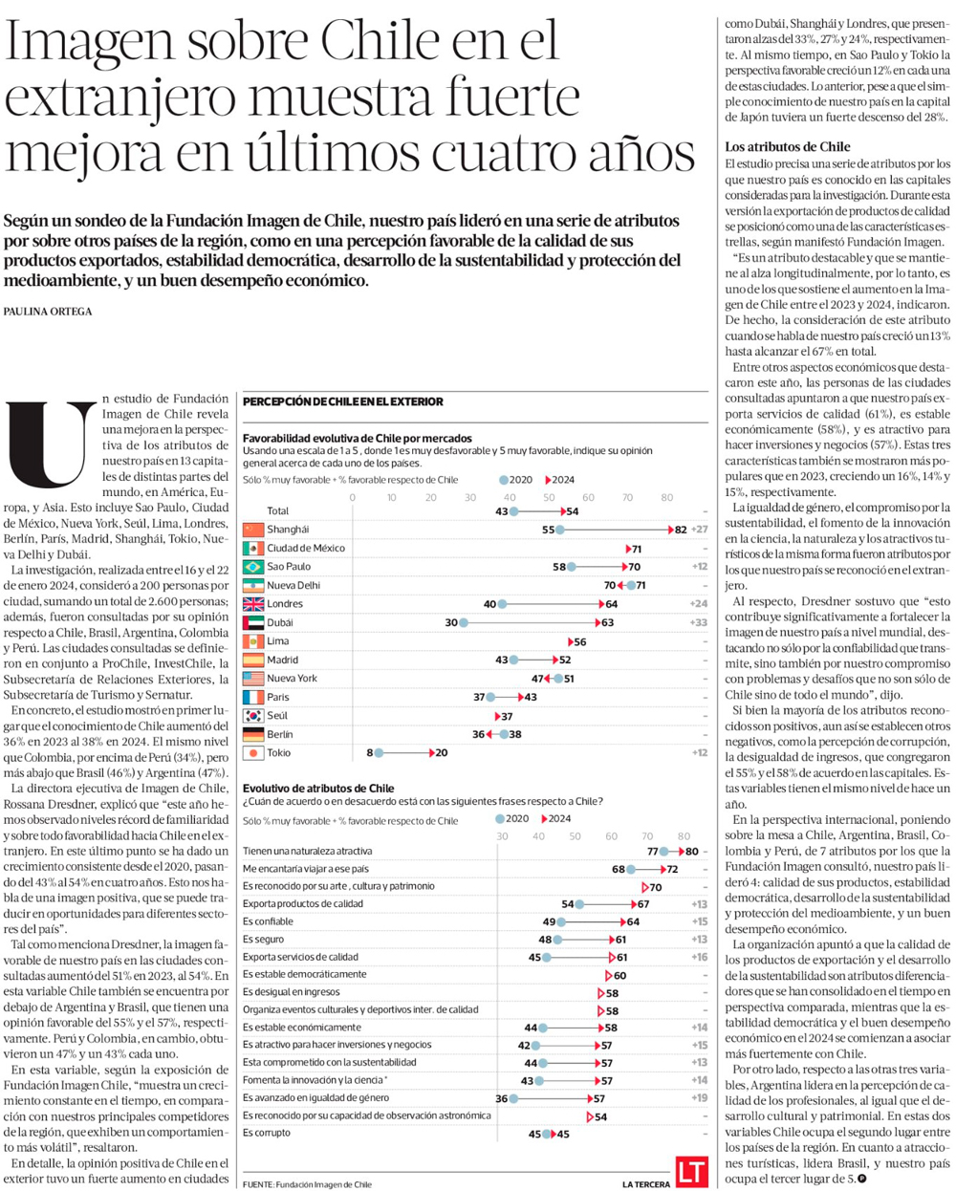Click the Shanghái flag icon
point(253,530)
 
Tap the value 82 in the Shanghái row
point(681,530)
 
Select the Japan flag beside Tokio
point(253,753)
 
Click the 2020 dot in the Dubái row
point(464,623)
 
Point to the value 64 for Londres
point(612,604)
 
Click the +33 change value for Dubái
point(698,623)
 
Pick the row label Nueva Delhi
point(293,586)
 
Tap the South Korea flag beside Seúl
point(253,716)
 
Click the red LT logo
point(690,1172)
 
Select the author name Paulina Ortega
point(48,312)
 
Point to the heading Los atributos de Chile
point(787,147)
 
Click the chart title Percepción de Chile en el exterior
point(342,402)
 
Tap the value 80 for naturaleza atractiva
point(691,852)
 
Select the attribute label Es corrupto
point(267,1134)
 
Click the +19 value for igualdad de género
point(700,1098)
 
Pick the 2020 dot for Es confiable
point(561,922)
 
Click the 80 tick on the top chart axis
point(667,497)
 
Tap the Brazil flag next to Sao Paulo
point(253,567)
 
